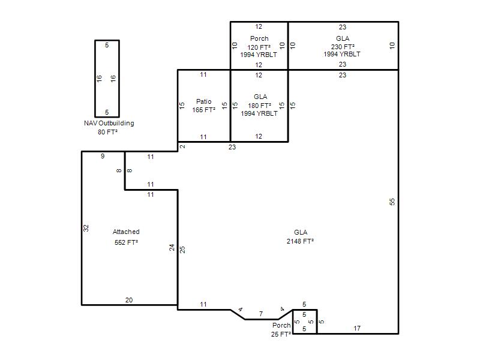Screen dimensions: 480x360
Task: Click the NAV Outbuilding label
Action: [109, 123]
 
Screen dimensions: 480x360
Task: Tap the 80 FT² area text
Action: [108, 132]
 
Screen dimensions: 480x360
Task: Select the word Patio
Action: [204, 101]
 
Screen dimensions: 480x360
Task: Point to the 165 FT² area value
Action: [204, 110]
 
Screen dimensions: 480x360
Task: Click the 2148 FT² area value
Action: [301, 241]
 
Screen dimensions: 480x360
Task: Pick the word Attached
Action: [126, 232]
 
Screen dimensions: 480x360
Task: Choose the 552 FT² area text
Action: [126, 242]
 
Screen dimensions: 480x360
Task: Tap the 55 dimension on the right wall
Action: [392, 202]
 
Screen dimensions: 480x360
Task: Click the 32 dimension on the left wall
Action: [86, 228]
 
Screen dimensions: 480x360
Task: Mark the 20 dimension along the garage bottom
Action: [129, 300]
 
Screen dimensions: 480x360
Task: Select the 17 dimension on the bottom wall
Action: [357, 328]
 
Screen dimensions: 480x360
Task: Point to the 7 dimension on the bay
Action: [261, 314]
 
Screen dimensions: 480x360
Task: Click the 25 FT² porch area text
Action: [281, 334]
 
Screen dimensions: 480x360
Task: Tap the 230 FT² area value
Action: [343, 47]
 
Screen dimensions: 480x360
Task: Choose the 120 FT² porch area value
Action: [259, 47]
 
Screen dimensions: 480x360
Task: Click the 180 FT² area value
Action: [260, 106]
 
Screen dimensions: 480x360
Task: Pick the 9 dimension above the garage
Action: [103, 156]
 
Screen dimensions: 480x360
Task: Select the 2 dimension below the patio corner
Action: [182, 146]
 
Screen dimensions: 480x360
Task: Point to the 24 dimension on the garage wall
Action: [172, 247]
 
